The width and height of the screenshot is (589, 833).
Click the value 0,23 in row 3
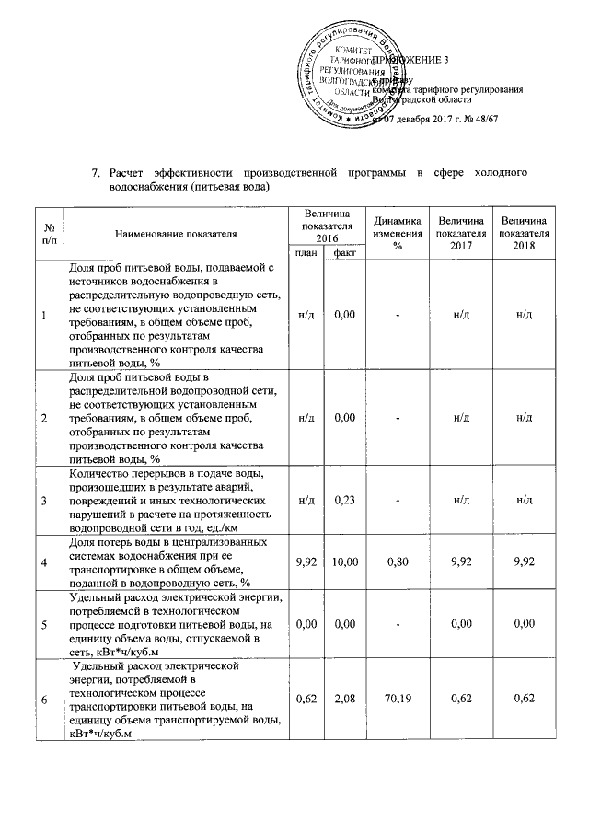coord(345,501)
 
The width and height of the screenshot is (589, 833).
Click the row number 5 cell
coord(43,623)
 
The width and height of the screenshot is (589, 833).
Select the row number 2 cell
coord(43,419)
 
